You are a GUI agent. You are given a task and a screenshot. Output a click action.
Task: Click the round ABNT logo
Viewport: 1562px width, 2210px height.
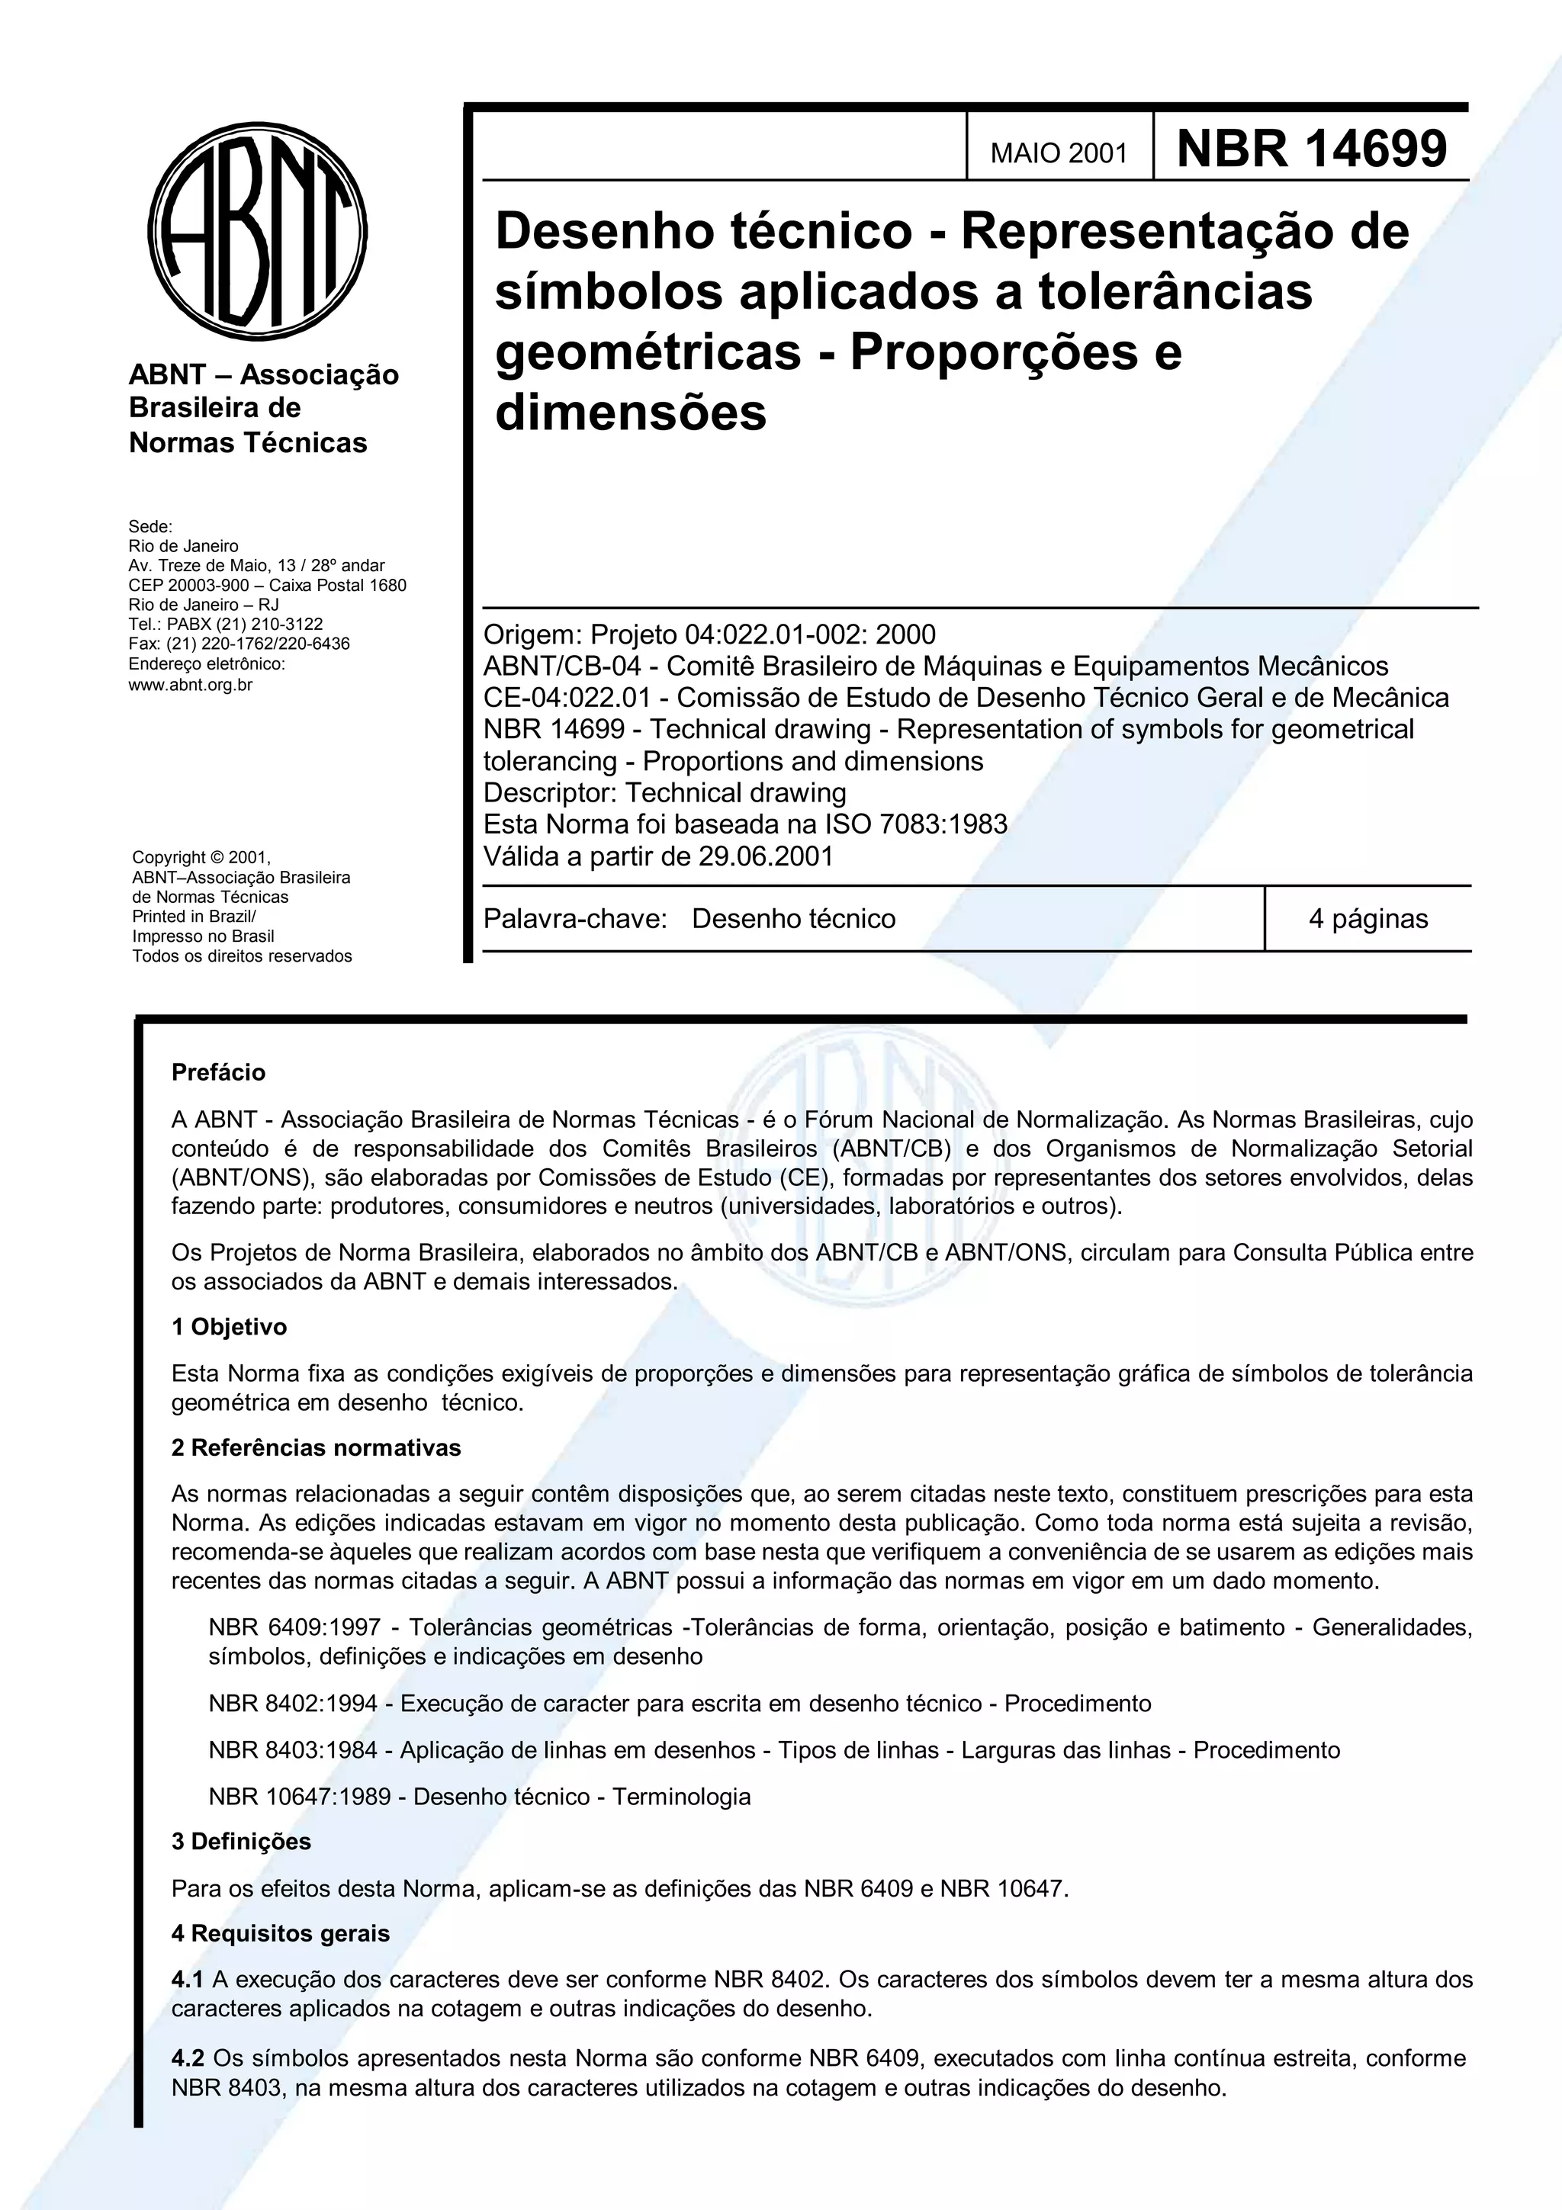point(257,232)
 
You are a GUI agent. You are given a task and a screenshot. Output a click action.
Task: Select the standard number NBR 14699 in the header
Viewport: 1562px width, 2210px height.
point(1311,149)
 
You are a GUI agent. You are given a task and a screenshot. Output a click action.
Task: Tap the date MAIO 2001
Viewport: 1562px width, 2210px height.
point(1059,153)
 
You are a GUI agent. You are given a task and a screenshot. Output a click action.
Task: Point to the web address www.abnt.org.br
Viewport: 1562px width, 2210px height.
point(191,686)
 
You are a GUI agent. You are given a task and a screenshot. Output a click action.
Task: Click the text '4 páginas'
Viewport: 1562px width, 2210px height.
point(1368,918)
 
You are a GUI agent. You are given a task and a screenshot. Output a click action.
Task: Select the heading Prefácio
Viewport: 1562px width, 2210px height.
point(218,1072)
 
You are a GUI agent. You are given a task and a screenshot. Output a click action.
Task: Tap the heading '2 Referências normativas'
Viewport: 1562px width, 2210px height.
point(316,1447)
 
